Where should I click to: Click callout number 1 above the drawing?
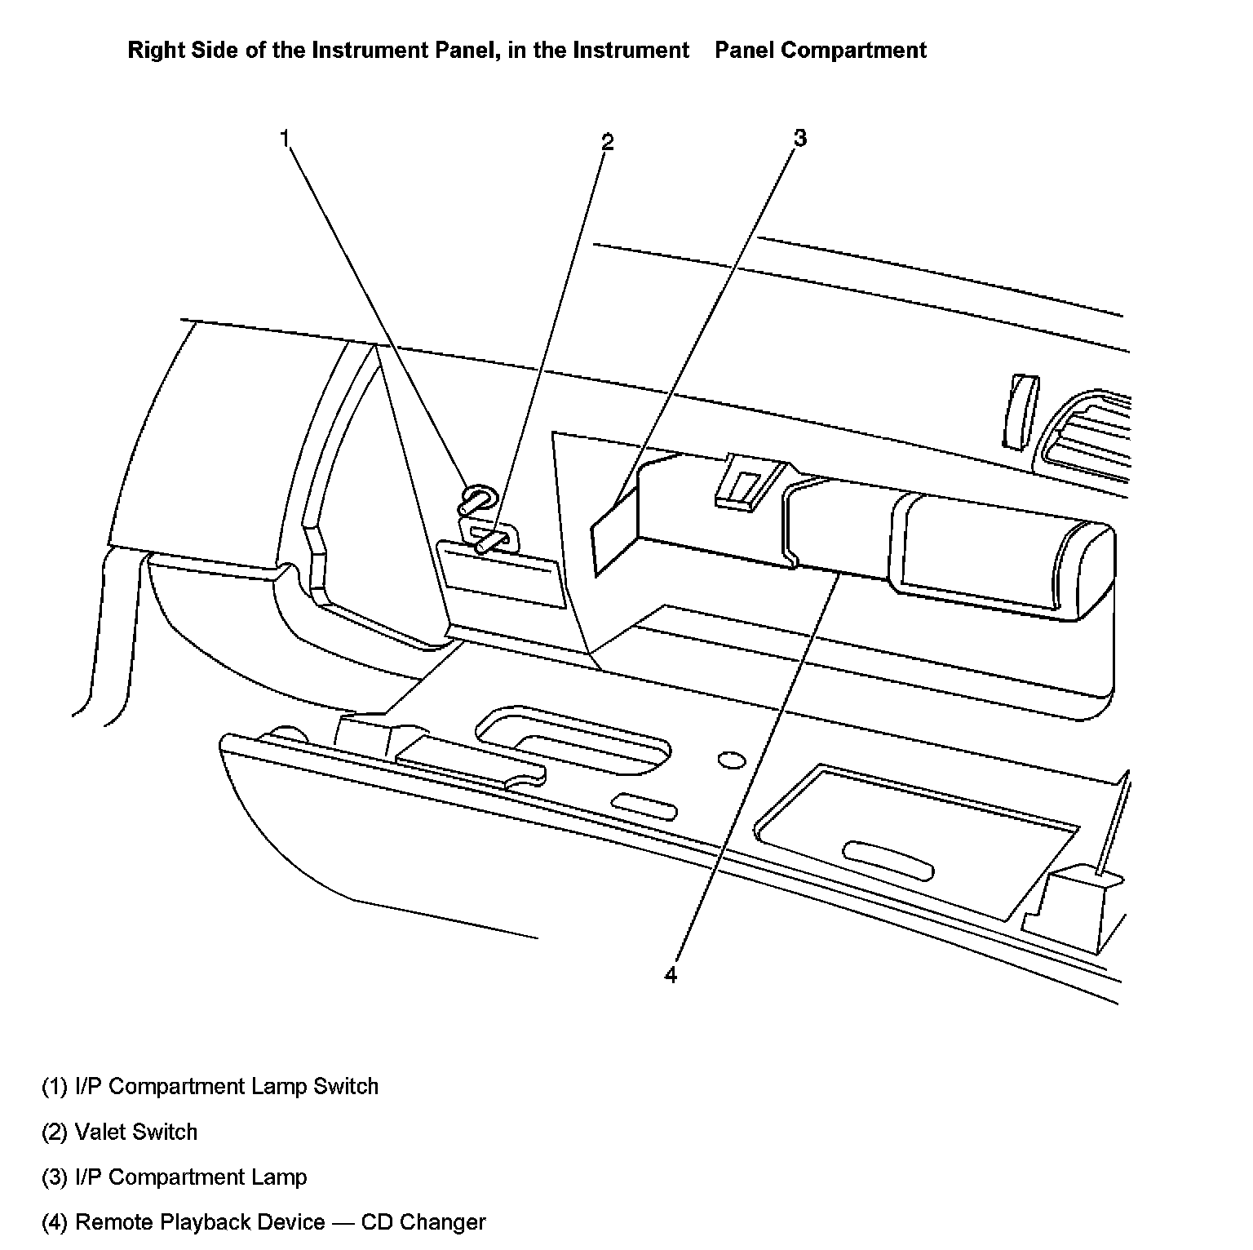285,139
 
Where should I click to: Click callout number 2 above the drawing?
607,143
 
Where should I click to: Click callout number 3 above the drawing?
799,139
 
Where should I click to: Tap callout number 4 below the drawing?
671,975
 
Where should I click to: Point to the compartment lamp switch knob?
477,499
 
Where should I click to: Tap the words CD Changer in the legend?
423,1222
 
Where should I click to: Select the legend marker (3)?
55,1177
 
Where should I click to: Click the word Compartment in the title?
852,51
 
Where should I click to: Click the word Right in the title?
154,51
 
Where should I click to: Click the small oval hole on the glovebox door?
732,760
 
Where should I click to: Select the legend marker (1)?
55,1087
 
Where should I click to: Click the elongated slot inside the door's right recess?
888,860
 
